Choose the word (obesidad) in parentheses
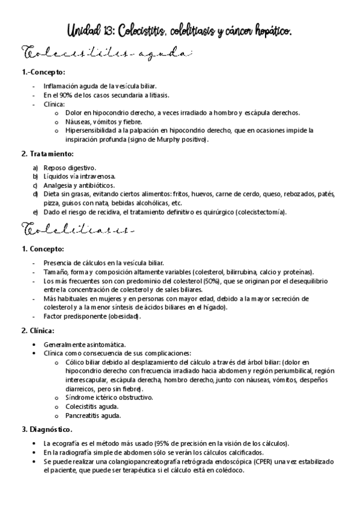[123, 316]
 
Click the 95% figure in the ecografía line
[162, 443]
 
